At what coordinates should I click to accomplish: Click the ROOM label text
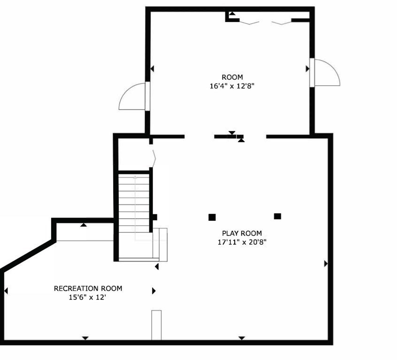click(232, 77)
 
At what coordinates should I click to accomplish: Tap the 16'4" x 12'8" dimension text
click(232, 86)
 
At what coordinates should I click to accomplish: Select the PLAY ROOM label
click(242, 233)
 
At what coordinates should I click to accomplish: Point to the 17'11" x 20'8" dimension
click(242, 242)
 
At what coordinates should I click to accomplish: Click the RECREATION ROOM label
click(88, 288)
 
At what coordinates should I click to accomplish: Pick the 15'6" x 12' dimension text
click(88, 297)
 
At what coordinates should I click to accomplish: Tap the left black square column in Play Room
click(212, 217)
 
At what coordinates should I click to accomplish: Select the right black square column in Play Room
click(277, 216)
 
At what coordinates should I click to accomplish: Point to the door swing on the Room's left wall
click(132, 97)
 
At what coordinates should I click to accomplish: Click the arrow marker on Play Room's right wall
click(326, 264)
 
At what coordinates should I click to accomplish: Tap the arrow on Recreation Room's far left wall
click(6, 291)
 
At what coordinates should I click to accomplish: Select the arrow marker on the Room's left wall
click(152, 69)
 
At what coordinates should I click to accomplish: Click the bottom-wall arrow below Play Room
click(242, 338)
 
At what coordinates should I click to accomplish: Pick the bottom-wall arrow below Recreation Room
click(85, 338)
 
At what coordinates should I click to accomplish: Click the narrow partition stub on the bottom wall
click(156, 324)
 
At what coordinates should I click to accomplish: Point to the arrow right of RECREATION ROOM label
click(153, 291)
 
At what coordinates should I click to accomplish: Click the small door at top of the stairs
click(153, 158)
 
